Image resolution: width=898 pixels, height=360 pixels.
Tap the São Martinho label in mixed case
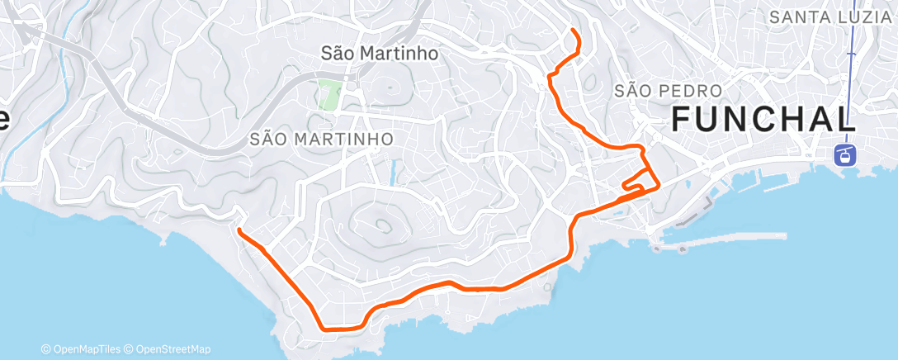pyautogui.click(x=378, y=54)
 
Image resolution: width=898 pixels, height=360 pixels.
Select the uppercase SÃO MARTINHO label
pyautogui.click(x=321, y=139)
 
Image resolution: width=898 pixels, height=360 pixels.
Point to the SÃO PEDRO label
pyautogui.click(x=669, y=90)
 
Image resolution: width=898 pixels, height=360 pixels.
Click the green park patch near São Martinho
pyautogui.click(x=329, y=96)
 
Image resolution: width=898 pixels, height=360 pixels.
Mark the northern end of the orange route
pyautogui.click(x=574, y=31)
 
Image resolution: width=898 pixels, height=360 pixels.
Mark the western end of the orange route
pyautogui.click(x=239, y=230)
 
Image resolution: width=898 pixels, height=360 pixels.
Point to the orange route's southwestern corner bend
pyautogui.click(x=320, y=325)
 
